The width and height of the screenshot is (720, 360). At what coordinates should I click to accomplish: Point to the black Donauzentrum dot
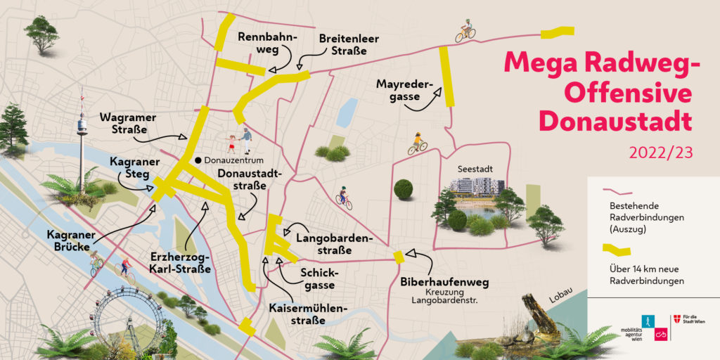tap(199, 160)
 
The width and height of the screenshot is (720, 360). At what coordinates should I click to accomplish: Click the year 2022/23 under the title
tap(660, 153)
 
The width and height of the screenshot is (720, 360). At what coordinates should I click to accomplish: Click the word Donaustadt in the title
tap(615, 122)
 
